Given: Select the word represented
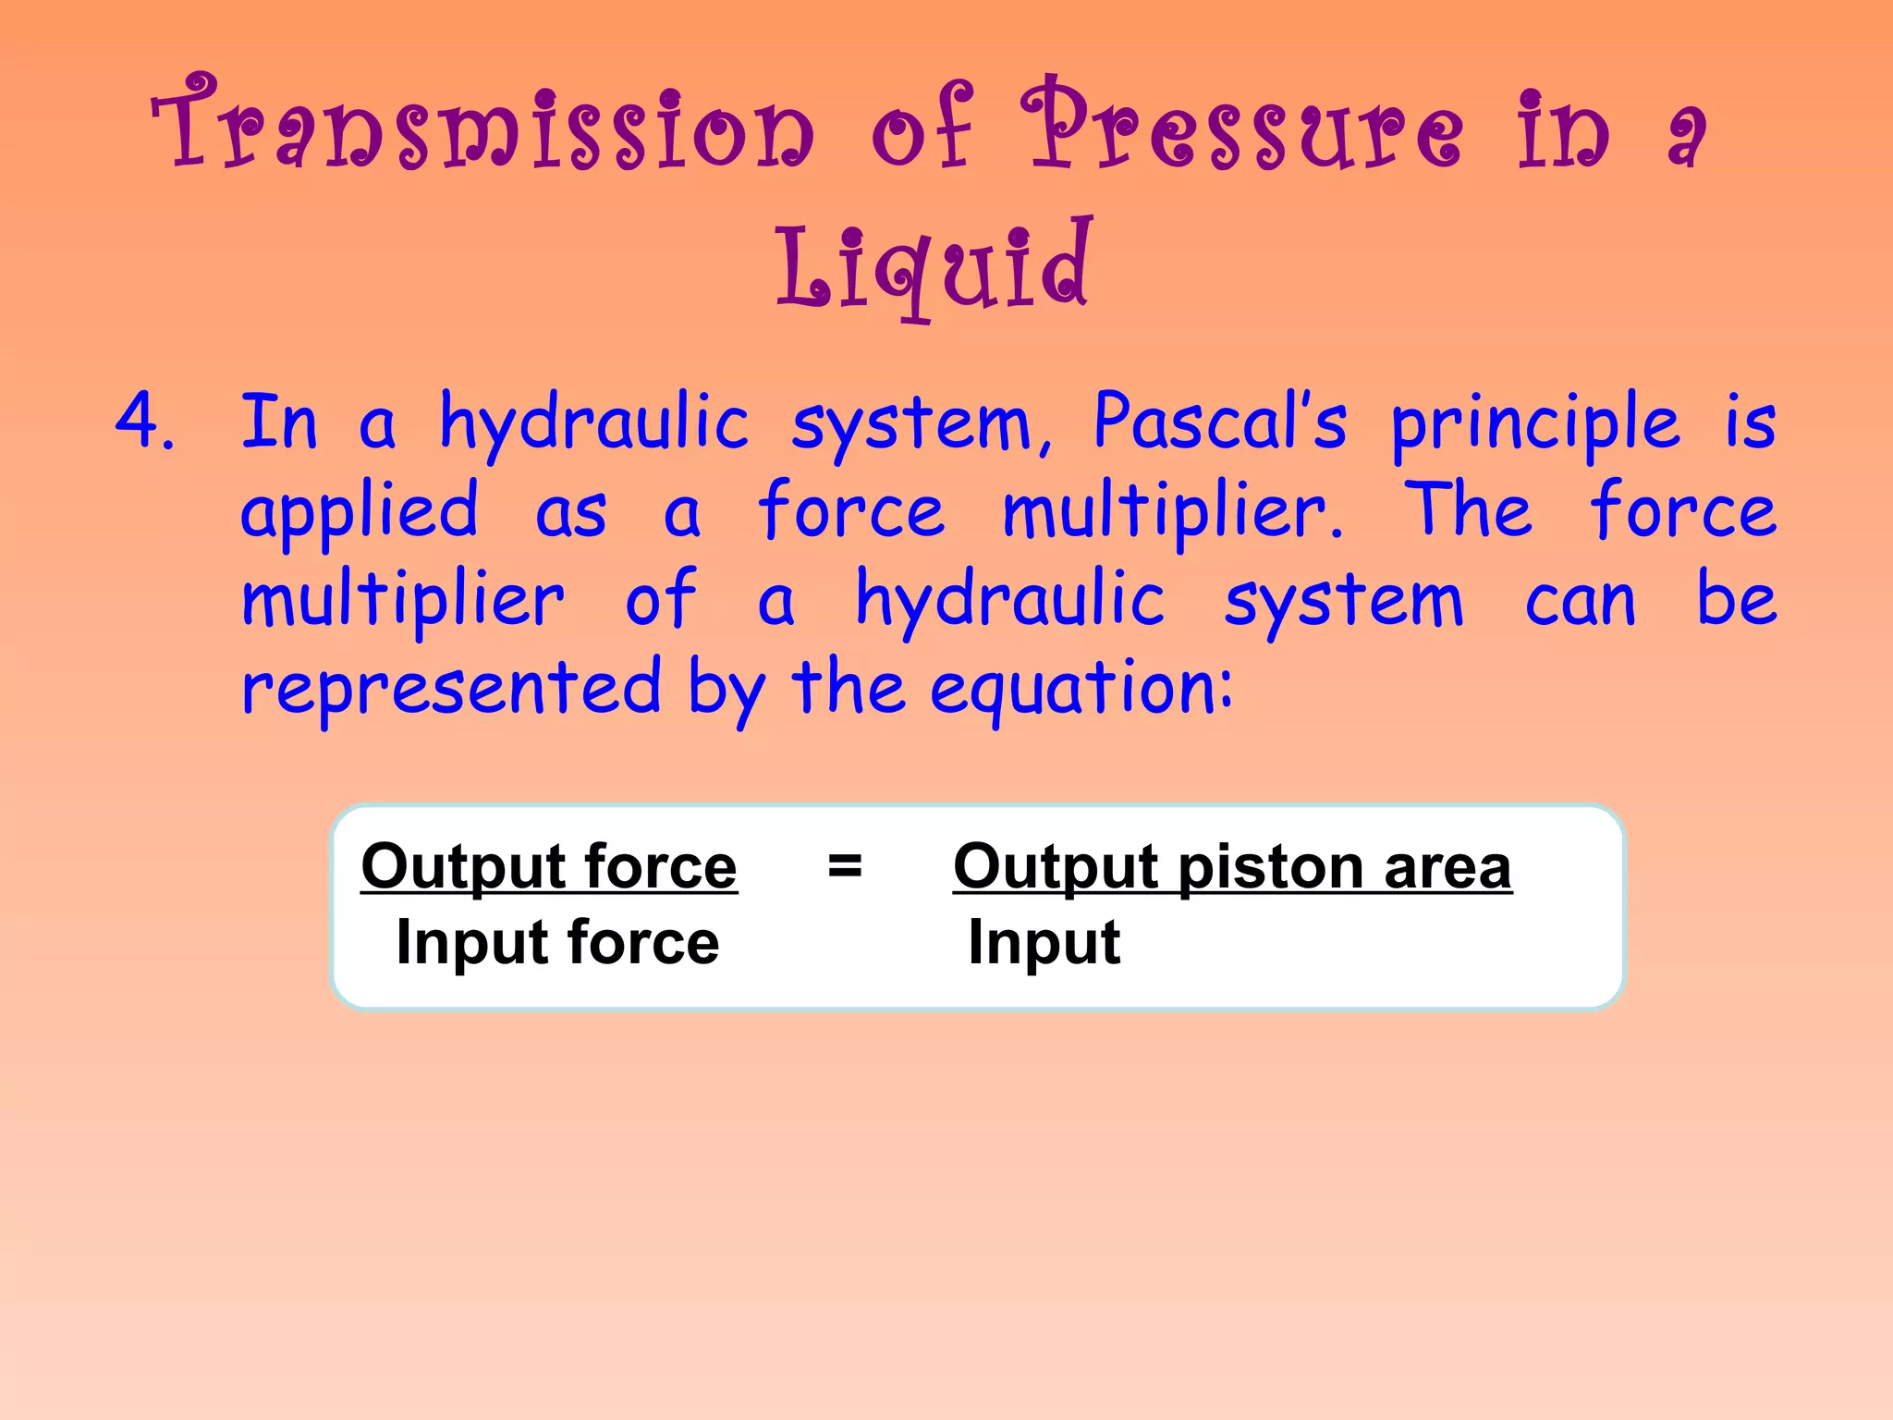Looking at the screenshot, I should (x=451, y=689).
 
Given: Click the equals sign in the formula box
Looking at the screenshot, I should (x=845, y=866).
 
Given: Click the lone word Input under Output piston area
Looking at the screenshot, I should (x=1044, y=944).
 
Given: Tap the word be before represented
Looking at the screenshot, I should (x=1736, y=598).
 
